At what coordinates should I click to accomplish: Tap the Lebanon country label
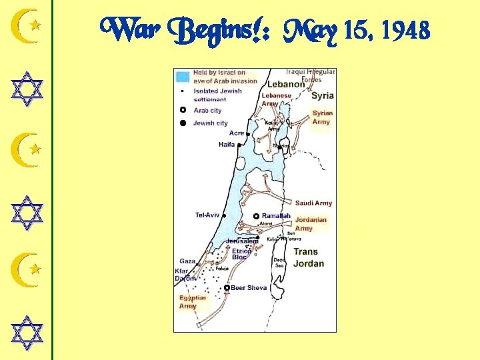pyautogui.click(x=286, y=84)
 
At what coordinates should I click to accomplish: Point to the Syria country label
pyautogui.click(x=323, y=95)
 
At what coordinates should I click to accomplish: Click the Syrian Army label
pyautogui.click(x=322, y=117)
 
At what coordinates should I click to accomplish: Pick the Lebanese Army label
pyautogui.click(x=276, y=99)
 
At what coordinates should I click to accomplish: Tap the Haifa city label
pyautogui.click(x=227, y=145)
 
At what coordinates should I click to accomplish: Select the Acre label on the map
pyautogui.click(x=237, y=133)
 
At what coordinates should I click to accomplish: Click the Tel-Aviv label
pyautogui.click(x=207, y=215)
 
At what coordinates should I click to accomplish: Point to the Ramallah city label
pyautogui.click(x=277, y=216)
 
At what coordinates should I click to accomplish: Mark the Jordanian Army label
pyautogui.click(x=311, y=224)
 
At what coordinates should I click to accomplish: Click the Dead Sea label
pyautogui.click(x=280, y=263)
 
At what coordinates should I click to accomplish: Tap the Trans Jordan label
pyautogui.click(x=309, y=257)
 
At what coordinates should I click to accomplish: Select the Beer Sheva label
pyautogui.click(x=249, y=288)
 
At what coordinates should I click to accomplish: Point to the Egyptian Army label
pyautogui.click(x=193, y=302)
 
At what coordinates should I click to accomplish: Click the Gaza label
pyautogui.click(x=187, y=261)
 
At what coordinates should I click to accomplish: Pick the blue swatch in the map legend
pyautogui.click(x=183, y=77)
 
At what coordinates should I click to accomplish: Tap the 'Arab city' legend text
pyautogui.click(x=207, y=111)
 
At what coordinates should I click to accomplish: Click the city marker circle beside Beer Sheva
pyautogui.click(x=227, y=288)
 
